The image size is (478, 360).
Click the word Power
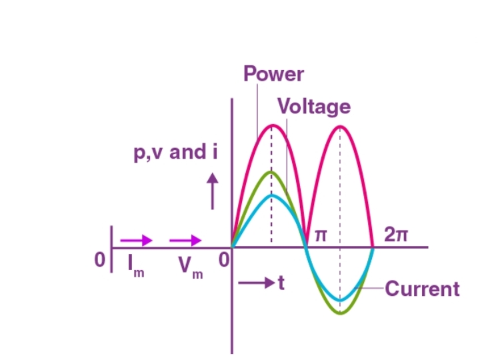point(273,73)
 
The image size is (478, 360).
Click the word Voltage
point(313,107)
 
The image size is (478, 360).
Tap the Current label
point(422,289)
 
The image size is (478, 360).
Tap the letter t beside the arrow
point(281,284)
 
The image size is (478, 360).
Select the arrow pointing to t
point(254,284)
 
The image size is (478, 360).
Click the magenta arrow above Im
point(136,240)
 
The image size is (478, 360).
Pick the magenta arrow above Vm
point(185,240)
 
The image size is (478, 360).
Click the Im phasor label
point(136,264)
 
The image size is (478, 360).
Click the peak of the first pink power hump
point(271,125)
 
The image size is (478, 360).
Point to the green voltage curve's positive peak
point(271,172)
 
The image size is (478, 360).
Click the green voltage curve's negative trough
point(341,313)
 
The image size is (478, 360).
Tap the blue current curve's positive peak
point(271,195)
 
